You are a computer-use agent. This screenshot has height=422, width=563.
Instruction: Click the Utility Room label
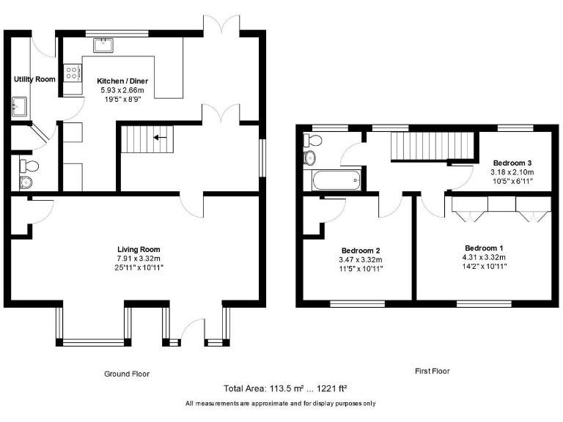pyautogui.click(x=34, y=79)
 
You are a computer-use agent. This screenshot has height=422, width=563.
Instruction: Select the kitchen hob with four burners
pyautogui.click(x=73, y=72)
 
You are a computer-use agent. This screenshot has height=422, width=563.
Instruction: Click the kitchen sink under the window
pyautogui.click(x=102, y=45)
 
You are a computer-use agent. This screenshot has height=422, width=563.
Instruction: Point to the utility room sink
pyautogui.click(x=18, y=107)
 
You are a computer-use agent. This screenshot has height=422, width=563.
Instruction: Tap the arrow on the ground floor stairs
pyautogui.click(x=159, y=136)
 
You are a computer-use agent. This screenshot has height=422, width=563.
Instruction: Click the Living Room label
pyautogui.click(x=139, y=250)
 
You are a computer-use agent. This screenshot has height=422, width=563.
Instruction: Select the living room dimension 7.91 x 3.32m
pyautogui.click(x=139, y=259)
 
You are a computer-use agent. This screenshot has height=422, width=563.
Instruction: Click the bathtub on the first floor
pyautogui.click(x=336, y=178)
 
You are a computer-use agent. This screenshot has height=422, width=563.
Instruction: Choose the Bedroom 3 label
pyautogui.click(x=512, y=162)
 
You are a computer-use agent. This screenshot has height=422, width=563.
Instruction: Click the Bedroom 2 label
pyautogui.click(x=360, y=249)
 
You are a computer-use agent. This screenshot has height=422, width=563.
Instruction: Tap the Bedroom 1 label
pyautogui.click(x=484, y=248)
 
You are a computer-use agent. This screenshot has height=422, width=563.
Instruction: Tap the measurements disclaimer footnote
pyautogui.click(x=281, y=404)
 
